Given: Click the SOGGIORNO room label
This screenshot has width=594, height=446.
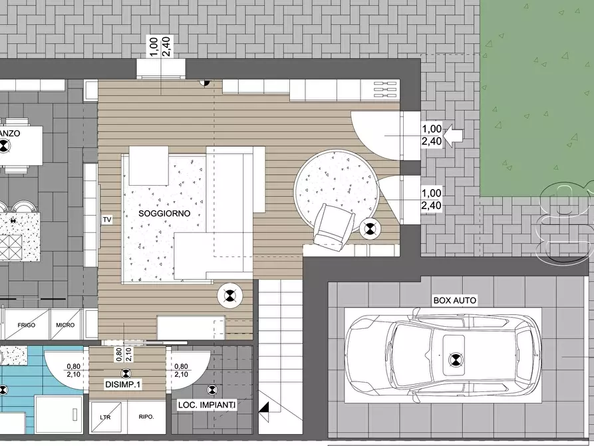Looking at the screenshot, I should (x=164, y=214).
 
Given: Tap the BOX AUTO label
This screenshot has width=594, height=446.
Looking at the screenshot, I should (x=454, y=300).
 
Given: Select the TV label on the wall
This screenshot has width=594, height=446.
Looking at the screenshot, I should (x=106, y=219).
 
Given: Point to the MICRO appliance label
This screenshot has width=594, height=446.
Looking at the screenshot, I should (x=65, y=326).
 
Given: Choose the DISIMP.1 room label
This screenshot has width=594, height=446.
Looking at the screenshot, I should (x=122, y=385).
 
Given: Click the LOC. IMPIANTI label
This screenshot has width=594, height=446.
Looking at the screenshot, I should (x=206, y=405).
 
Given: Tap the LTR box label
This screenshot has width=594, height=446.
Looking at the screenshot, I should (x=105, y=417).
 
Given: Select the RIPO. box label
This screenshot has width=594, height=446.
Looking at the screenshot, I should (x=146, y=417).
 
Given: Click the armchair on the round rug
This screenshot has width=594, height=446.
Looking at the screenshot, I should (x=333, y=226).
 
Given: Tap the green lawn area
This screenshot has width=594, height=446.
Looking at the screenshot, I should (x=536, y=100).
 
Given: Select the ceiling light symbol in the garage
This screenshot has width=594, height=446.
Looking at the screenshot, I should (x=456, y=360).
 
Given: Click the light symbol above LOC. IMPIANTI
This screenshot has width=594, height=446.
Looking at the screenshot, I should (x=212, y=390).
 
